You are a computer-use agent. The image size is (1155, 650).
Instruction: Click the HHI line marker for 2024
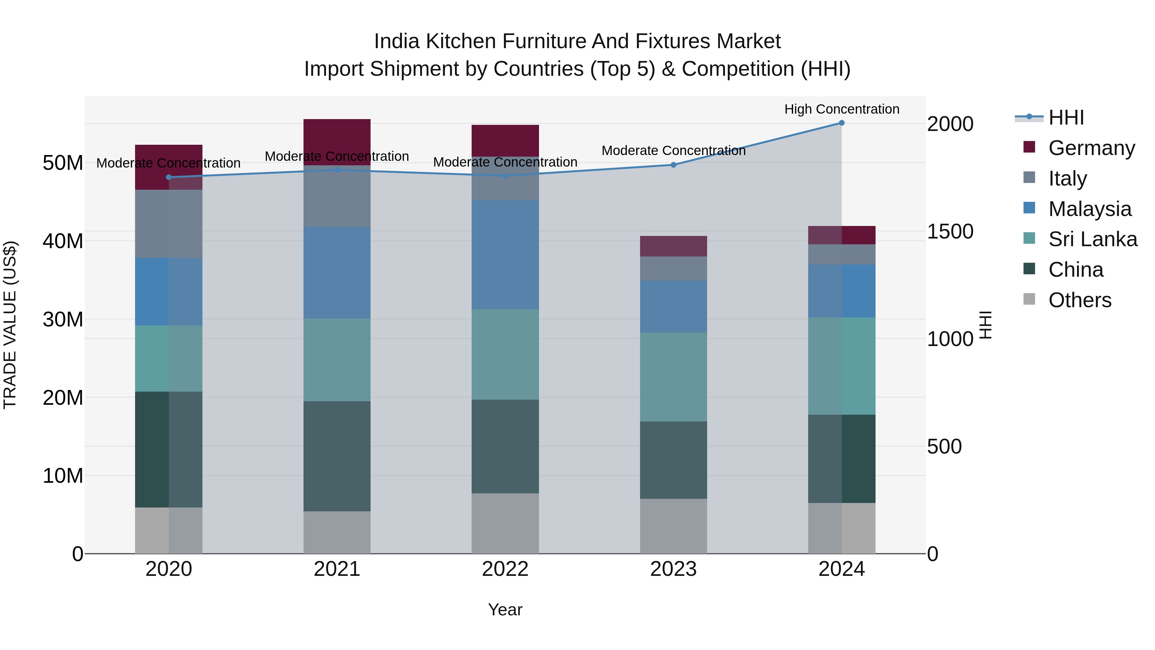[x=842, y=123]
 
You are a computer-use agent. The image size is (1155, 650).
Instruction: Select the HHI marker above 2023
[x=673, y=165]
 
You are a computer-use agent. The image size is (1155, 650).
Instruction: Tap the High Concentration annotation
[x=842, y=109]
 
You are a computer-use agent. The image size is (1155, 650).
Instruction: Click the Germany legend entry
[x=1091, y=148]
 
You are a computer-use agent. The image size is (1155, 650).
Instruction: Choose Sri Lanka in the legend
[x=1092, y=239]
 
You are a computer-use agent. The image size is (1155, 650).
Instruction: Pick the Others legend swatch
[x=1030, y=299]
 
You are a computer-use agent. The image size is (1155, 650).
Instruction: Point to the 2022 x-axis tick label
[x=505, y=569]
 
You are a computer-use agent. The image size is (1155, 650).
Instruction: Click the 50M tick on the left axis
[x=63, y=163]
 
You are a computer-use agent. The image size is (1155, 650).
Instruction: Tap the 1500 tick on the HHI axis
[x=950, y=231]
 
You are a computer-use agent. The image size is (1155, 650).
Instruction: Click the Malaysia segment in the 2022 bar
[x=505, y=254]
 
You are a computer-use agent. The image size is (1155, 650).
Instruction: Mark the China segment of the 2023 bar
[x=673, y=460]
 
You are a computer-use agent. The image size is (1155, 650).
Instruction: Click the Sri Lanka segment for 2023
[x=673, y=377]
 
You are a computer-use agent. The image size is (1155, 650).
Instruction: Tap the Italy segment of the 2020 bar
[x=168, y=223]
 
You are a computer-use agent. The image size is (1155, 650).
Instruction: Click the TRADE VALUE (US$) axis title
[x=10, y=325]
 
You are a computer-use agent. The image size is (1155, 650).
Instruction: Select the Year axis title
[x=505, y=610]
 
